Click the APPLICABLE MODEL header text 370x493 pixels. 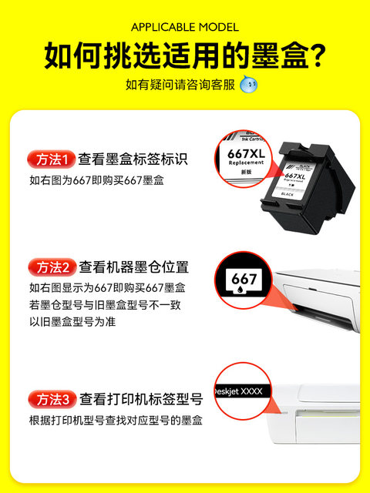184,27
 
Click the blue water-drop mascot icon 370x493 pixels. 248,84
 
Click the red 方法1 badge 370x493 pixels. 52,159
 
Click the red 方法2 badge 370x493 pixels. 52,267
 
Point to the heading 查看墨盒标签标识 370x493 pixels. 134,159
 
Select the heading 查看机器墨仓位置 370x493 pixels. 134,267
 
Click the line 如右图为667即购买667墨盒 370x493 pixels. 96,181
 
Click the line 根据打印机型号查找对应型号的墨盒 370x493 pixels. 116,421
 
